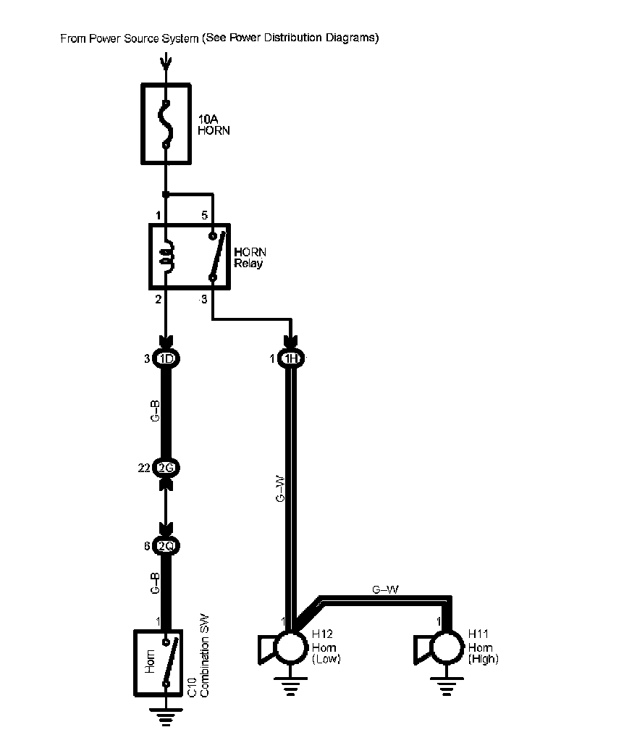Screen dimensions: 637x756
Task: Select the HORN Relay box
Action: [x=189, y=257]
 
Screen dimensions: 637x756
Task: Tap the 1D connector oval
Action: [x=166, y=358]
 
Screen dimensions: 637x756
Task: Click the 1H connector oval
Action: [x=292, y=358]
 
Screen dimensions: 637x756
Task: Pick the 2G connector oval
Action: [x=166, y=468]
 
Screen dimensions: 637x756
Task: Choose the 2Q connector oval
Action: [x=166, y=546]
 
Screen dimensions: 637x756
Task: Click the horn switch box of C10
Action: [x=160, y=661]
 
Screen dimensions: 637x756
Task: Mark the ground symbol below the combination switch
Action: [x=166, y=718]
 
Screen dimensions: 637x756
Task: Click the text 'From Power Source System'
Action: [x=130, y=38]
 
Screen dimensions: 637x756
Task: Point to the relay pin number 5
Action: [x=204, y=215]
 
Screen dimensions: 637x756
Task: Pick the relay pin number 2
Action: [x=157, y=298]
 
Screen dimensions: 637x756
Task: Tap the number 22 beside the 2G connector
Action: [x=144, y=469]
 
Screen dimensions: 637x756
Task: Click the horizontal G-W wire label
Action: [x=385, y=589]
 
